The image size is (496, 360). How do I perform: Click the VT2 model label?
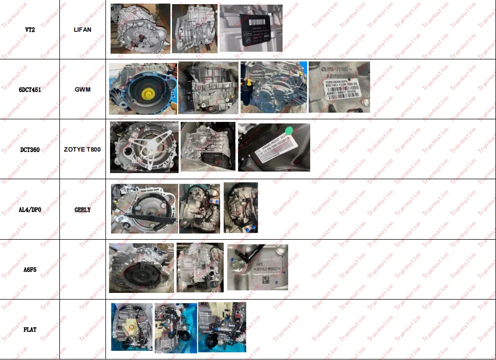click(30, 30)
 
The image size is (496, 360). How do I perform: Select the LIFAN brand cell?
click(82, 30)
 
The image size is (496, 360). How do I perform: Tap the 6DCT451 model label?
click(30, 89)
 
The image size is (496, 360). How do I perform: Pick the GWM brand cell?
click(82, 89)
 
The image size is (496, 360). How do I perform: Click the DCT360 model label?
click(30, 150)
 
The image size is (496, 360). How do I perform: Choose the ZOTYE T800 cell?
click(82, 150)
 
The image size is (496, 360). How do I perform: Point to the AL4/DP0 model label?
click(30, 209)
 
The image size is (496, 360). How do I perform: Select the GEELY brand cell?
click(82, 209)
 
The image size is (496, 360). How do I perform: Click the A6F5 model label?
click(30, 269)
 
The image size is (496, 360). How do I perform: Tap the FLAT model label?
click(30, 329)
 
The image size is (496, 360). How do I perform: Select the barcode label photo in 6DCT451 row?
click(339, 87)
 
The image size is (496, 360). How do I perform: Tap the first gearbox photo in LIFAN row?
click(140, 29)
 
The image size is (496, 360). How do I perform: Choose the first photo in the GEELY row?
click(144, 208)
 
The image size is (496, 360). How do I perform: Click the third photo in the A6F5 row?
click(257, 267)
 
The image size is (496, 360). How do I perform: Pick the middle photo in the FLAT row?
click(175, 328)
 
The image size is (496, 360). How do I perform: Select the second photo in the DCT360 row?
click(208, 146)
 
